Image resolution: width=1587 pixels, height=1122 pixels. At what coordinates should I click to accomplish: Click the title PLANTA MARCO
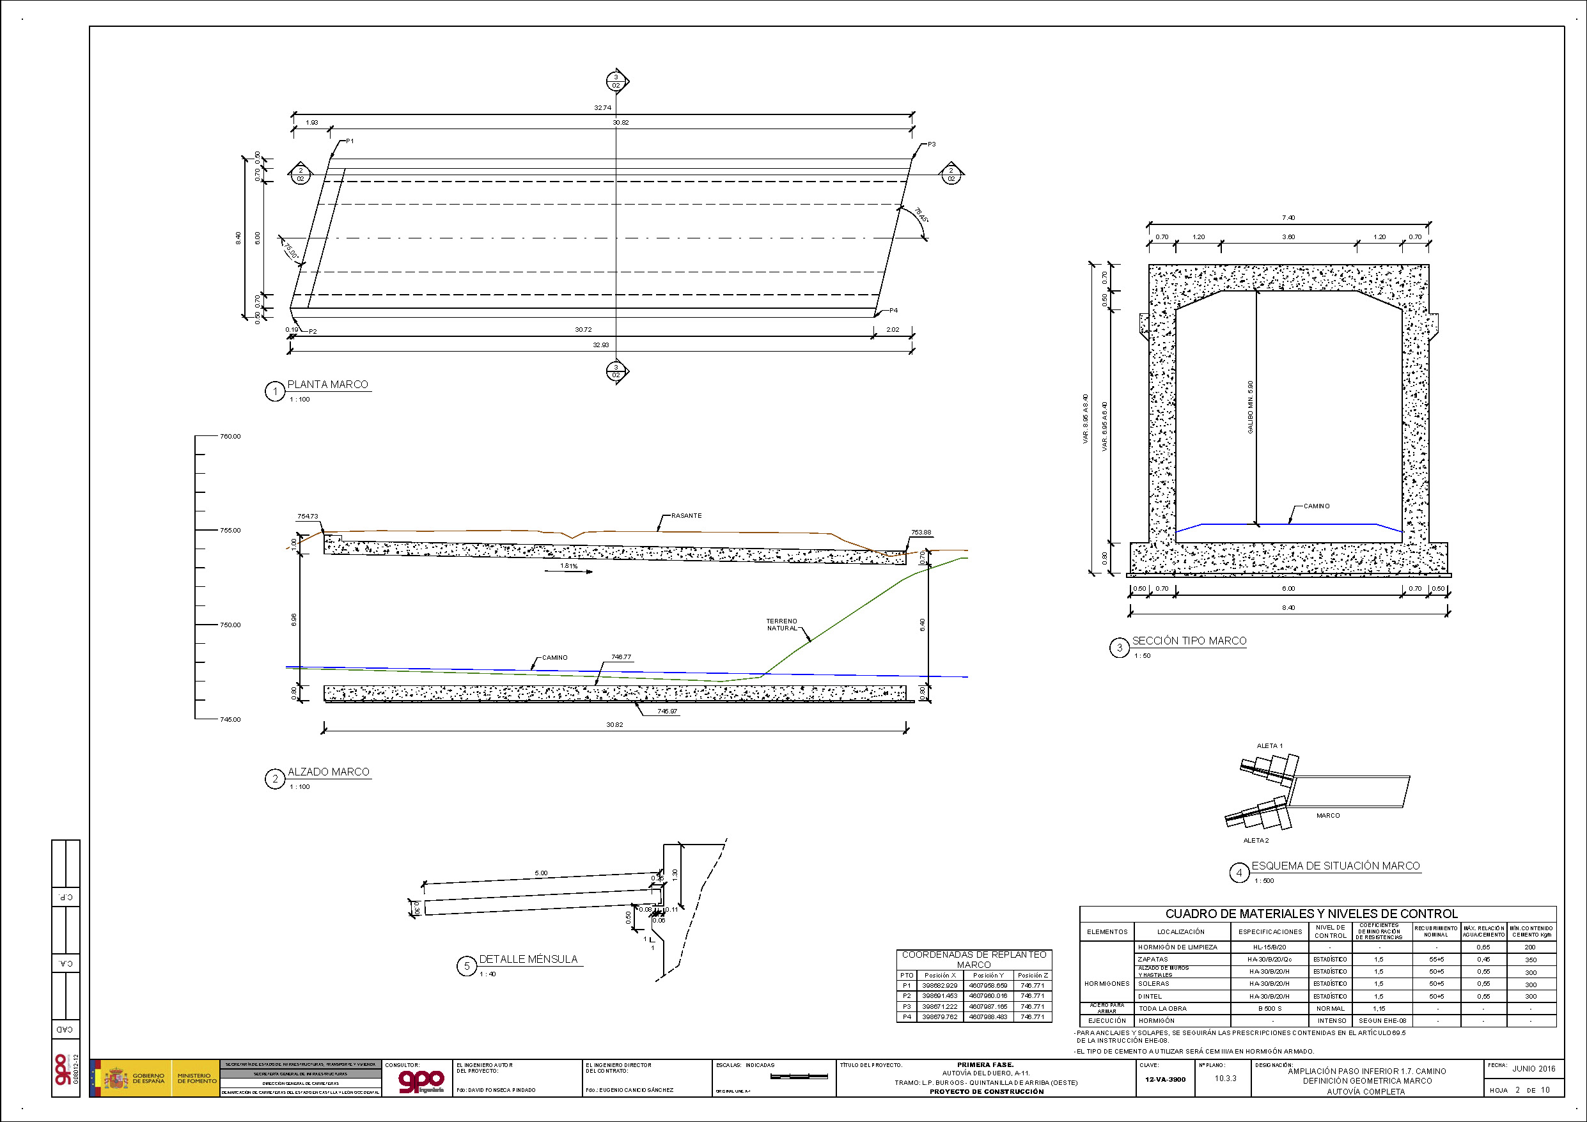click(327, 384)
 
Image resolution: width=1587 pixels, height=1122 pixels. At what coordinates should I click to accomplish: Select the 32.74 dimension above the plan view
click(602, 108)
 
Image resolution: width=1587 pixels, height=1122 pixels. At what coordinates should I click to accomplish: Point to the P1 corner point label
click(350, 141)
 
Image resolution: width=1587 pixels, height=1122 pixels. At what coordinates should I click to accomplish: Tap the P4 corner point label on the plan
click(893, 311)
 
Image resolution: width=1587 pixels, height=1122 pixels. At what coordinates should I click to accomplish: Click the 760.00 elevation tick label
click(230, 436)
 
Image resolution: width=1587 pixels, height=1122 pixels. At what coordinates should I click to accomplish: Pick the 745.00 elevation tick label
click(230, 720)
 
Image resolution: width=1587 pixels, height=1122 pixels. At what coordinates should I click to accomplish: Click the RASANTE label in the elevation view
click(685, 516)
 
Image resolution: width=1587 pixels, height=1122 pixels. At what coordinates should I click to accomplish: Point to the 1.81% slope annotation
click(569, 566)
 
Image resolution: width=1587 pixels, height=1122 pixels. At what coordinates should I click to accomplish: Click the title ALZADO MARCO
click(328, 772)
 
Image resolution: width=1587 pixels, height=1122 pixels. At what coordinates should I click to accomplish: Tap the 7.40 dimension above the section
click(1288, 218)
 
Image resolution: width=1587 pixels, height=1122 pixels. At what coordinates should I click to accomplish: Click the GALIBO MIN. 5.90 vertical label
click(1249, 407)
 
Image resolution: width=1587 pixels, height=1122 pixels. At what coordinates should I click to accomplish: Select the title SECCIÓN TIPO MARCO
click(1189, 641)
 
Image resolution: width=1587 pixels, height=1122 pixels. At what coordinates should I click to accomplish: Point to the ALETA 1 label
click(1269, 746)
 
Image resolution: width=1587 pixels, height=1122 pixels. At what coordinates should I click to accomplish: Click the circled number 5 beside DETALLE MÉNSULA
click(467, 966)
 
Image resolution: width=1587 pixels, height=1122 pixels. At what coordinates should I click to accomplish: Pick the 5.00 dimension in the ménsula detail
click(540, 873)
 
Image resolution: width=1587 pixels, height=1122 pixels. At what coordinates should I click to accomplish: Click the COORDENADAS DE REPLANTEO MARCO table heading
click(974, 960)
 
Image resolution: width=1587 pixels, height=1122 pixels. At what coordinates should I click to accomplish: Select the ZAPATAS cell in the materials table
click(1153, 960)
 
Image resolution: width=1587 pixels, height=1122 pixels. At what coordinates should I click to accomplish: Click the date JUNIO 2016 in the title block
click(1533, 1069)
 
